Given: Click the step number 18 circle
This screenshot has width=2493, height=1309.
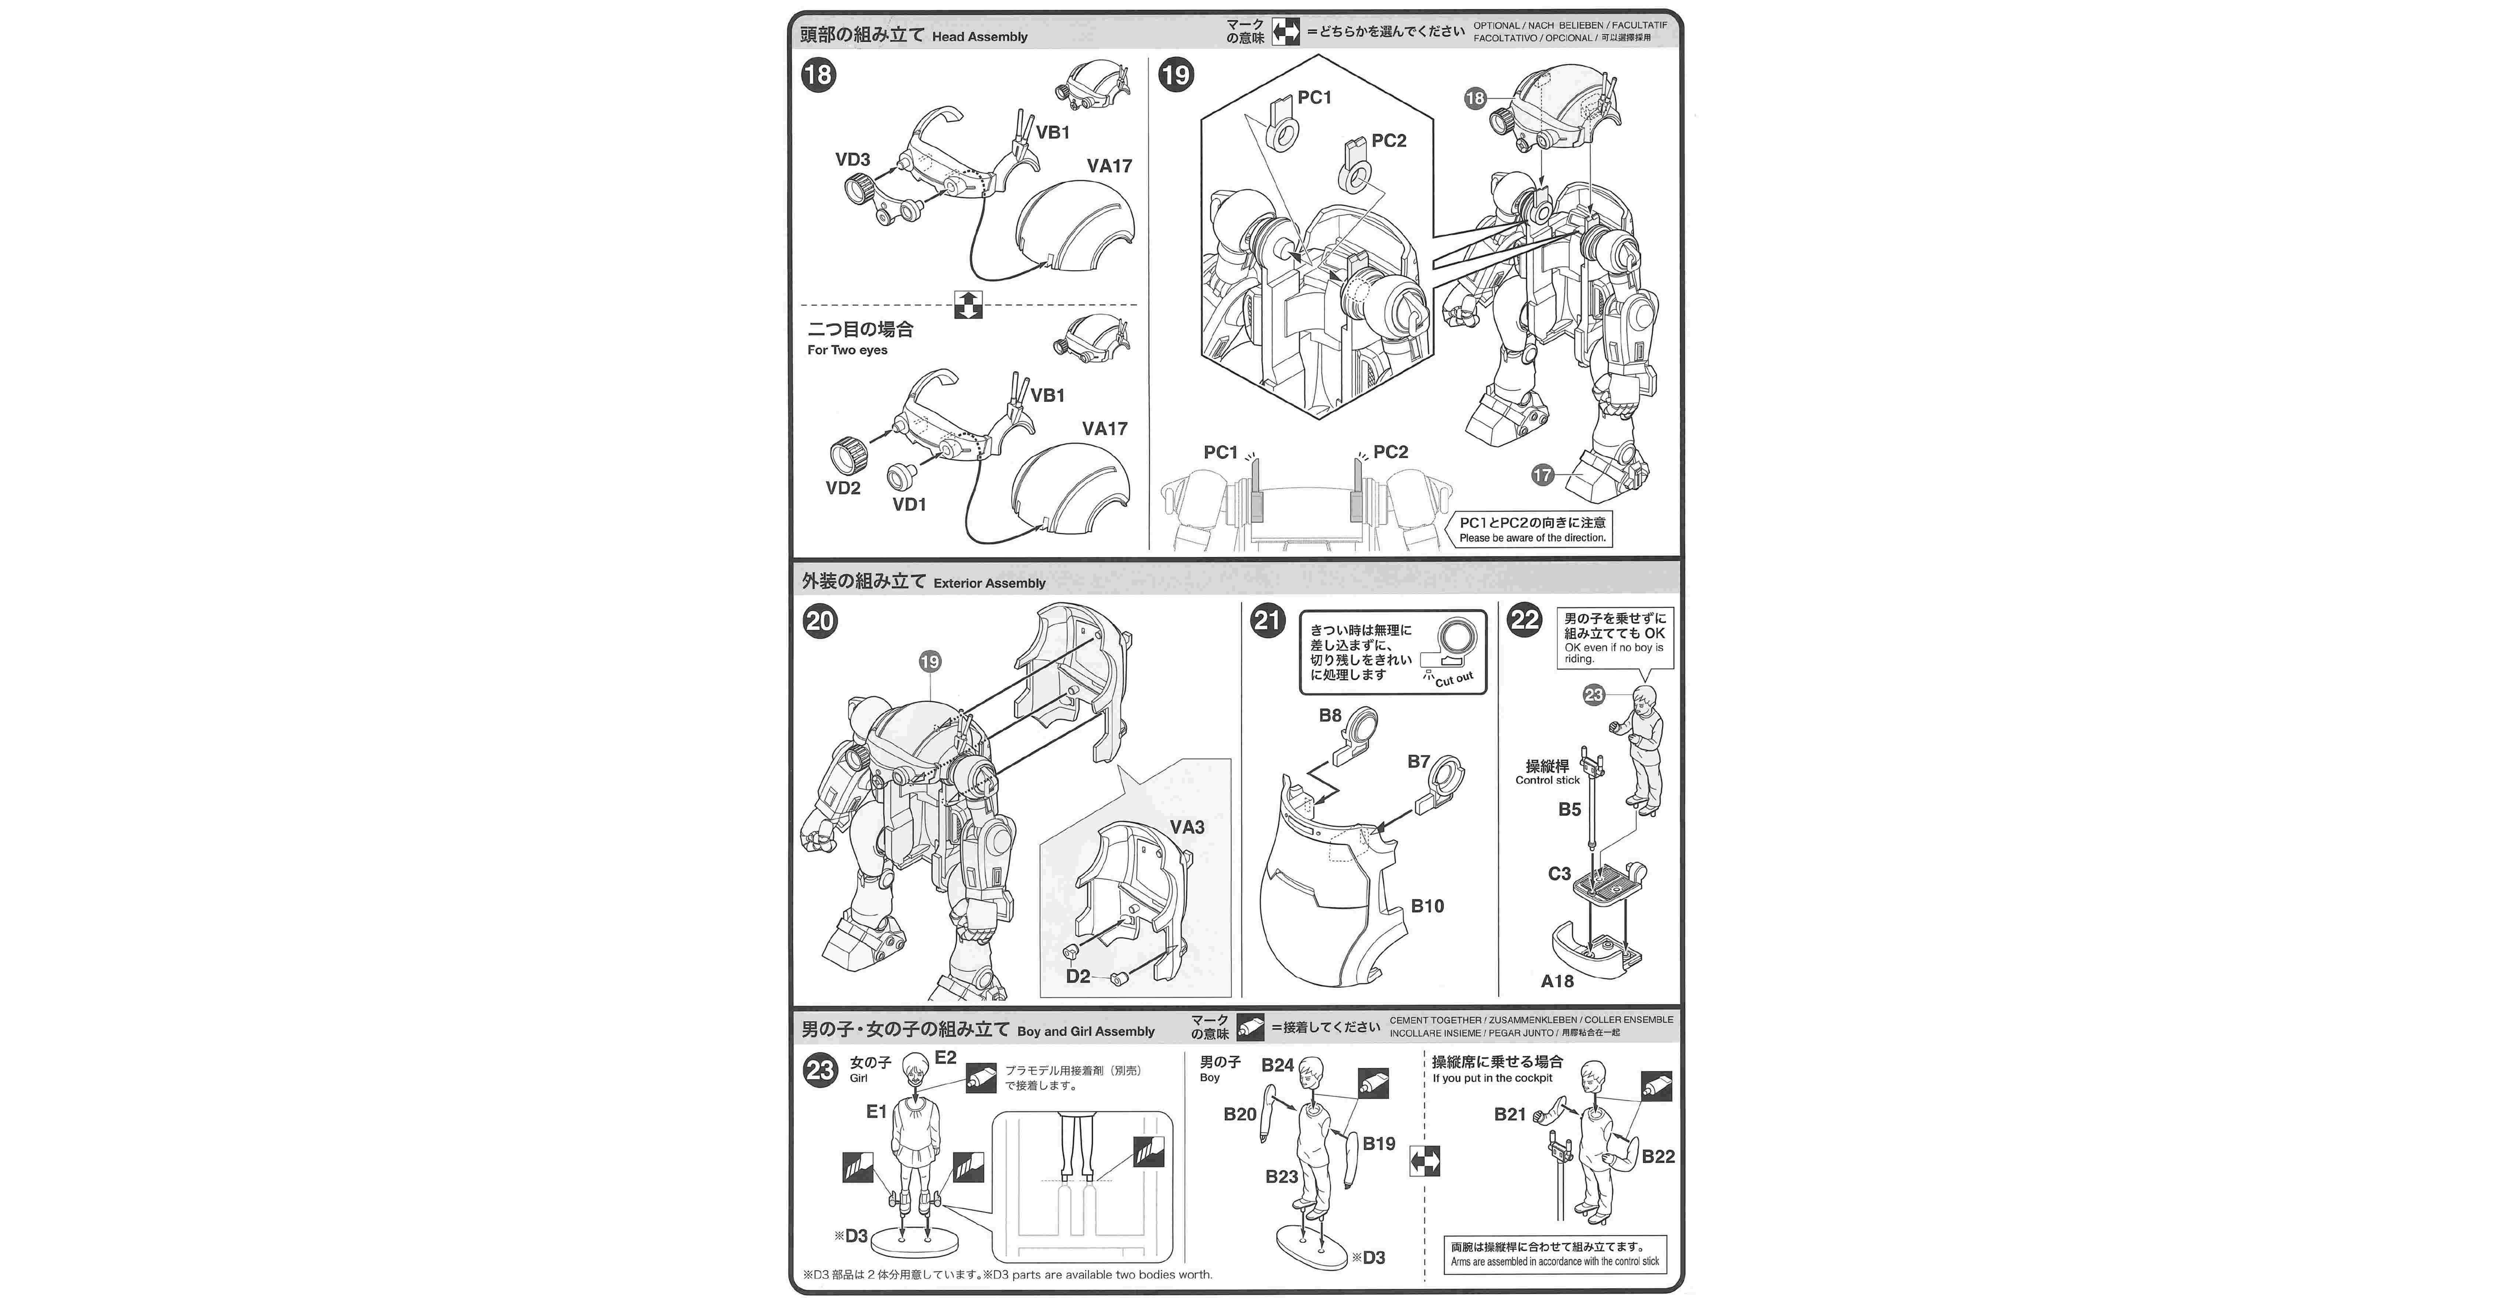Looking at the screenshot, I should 818,75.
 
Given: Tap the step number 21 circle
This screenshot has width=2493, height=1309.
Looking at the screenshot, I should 1268,620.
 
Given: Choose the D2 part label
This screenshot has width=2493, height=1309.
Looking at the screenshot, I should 1077,976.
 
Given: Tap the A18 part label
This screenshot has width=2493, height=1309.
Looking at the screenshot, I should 1557,981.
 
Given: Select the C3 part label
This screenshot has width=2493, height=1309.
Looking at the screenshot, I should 1559,873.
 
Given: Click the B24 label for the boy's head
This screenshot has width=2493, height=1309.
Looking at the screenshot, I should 1278,1065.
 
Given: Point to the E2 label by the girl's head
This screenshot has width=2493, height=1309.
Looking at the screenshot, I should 945,1057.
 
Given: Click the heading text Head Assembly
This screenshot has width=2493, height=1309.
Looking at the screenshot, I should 979,37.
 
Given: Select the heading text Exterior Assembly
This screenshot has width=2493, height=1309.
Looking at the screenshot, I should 989,583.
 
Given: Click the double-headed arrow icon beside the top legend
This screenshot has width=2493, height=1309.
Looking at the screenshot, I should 1285,32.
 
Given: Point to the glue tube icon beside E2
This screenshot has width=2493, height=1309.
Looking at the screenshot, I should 981,1078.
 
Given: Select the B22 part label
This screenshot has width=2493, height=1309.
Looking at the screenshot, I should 1658,1156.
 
